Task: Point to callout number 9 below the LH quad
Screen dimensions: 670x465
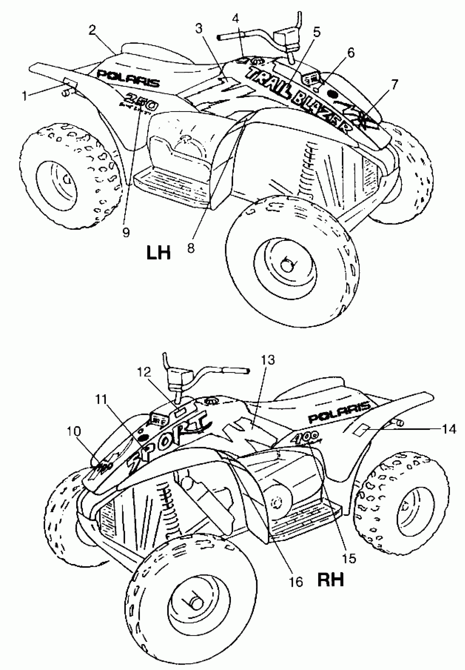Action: click(x=126, y=232)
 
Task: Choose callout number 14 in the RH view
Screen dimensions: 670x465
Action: click(x=449, y=429)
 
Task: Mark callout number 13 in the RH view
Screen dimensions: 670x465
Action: click(x=268, y=360)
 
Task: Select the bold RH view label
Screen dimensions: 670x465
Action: click(x=330, y=579)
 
